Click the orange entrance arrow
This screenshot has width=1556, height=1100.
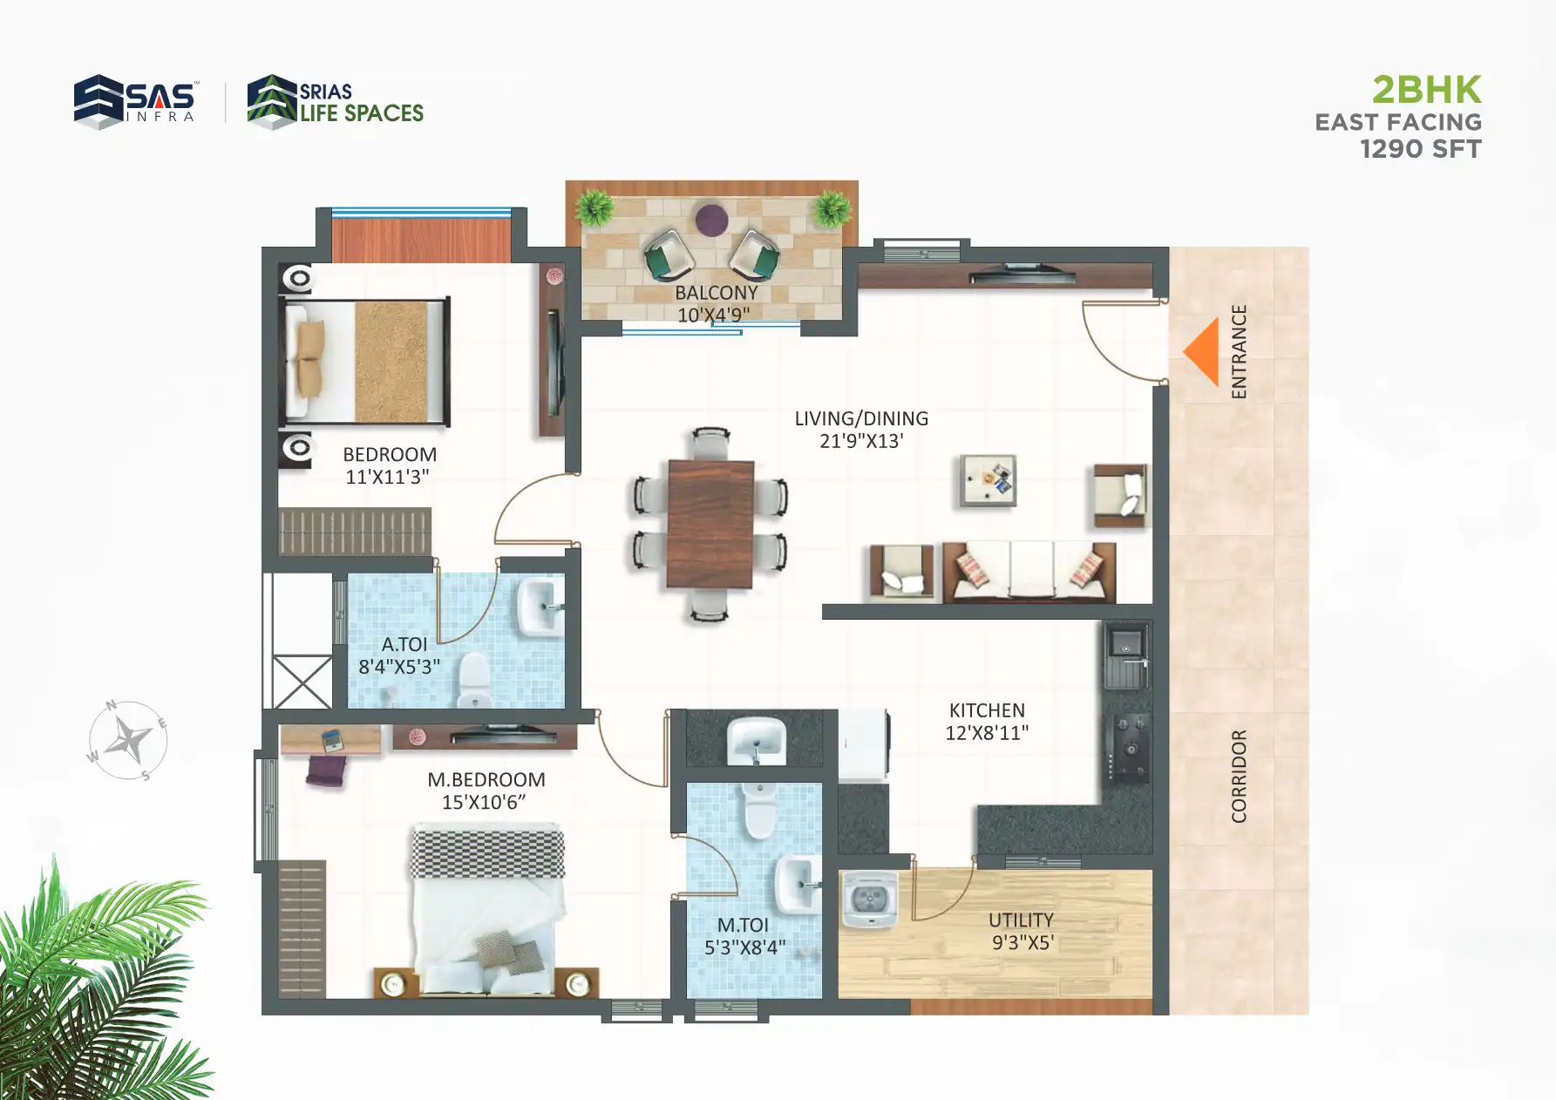[x=1203, y=351]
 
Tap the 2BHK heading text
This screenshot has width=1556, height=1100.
[x=1426, y=90]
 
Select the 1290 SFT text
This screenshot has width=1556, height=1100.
[x=1420, y=149]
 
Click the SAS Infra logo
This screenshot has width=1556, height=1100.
[x=135, y=101]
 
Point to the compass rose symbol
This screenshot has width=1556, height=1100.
[x=128, y=741]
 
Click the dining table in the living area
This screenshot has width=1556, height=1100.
[x=710, y=524]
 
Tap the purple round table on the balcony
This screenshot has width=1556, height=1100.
[x=711, y=219]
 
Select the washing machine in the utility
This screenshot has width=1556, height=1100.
[x=869, y=899]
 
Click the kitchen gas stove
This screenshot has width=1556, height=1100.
[x=1129, y=747]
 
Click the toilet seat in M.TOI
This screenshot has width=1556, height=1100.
[x=759, y=811]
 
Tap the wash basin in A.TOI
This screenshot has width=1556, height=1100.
[x=540, y=608]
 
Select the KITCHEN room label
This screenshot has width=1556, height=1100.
[x=987, y=710]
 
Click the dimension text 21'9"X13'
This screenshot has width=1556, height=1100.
[x=861, y=441]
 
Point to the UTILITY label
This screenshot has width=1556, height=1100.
[x=1021, y=920]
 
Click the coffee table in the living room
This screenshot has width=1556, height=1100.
[x=988, y=480]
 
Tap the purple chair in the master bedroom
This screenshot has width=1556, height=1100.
[x=326, y=771]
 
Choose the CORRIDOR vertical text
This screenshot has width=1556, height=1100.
[x=1239, y=776]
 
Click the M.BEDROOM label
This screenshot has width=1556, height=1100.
[x=486, y=780]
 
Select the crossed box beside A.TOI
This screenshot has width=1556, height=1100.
[x=302, y=682]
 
